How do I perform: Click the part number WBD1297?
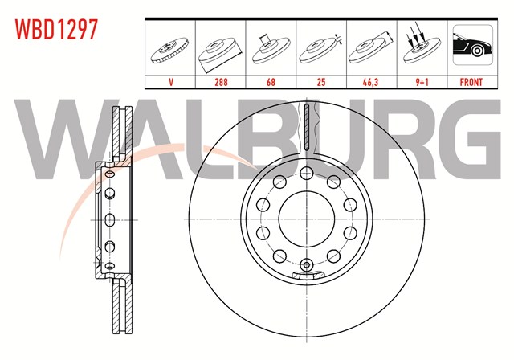tap(56, 30)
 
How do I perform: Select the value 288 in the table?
tap(221, 82)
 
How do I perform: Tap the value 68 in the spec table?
tap(271, 82)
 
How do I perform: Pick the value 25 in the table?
tap(321, 82)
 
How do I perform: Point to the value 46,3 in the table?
tap(370, 82)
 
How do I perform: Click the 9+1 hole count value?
tap(422, 82)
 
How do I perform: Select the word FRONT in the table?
tap(471, 82)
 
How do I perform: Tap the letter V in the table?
tap(171, 82)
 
